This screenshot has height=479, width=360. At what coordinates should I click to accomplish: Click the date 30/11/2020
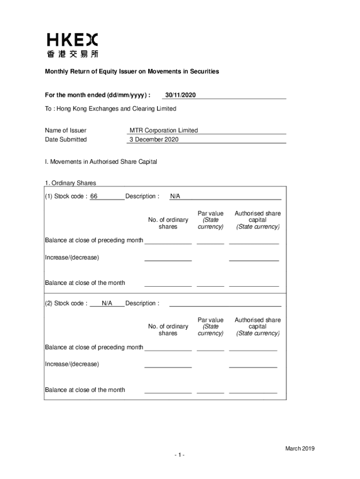[x=180, y=95]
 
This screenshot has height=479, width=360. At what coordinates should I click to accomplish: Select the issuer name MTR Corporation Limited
[x=164, y=131]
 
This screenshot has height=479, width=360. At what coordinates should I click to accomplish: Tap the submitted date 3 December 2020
[x=154, y=139]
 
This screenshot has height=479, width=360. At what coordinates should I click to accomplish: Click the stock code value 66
[x=94, y=196]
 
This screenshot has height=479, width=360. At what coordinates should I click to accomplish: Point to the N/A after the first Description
[x=175, y=196]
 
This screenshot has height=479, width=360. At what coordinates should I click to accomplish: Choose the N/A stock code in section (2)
[x=107, y=303]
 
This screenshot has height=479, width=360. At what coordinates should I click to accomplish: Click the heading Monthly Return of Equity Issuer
[x=132, y=72]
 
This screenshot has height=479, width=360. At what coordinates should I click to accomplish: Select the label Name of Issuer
[x=65, y=131]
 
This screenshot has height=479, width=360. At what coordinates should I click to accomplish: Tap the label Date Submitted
[x=65, y=139]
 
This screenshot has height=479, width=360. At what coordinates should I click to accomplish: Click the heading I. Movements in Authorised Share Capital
[x=101, y=162]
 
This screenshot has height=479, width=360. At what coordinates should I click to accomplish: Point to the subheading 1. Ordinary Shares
[x=71, y=183]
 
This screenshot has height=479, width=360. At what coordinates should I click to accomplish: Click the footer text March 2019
[x=300, y=449]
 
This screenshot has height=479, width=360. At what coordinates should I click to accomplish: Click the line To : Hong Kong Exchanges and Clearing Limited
[x=110, y=109]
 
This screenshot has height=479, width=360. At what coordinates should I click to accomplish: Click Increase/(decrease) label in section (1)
[x=72, y=257]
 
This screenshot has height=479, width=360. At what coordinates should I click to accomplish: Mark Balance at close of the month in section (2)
[x=85, y=390]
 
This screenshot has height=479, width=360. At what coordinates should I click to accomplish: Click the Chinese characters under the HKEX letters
[x=72, y=54]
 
